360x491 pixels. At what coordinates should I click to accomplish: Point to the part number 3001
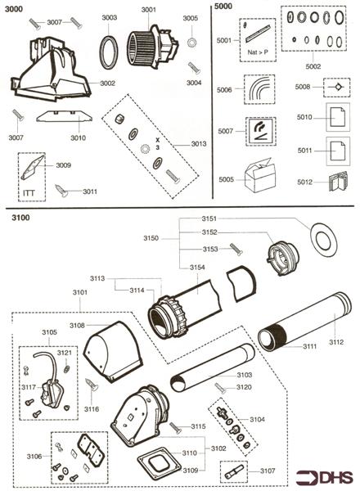[148, 10]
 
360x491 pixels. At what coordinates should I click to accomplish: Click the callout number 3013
[198, 143]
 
